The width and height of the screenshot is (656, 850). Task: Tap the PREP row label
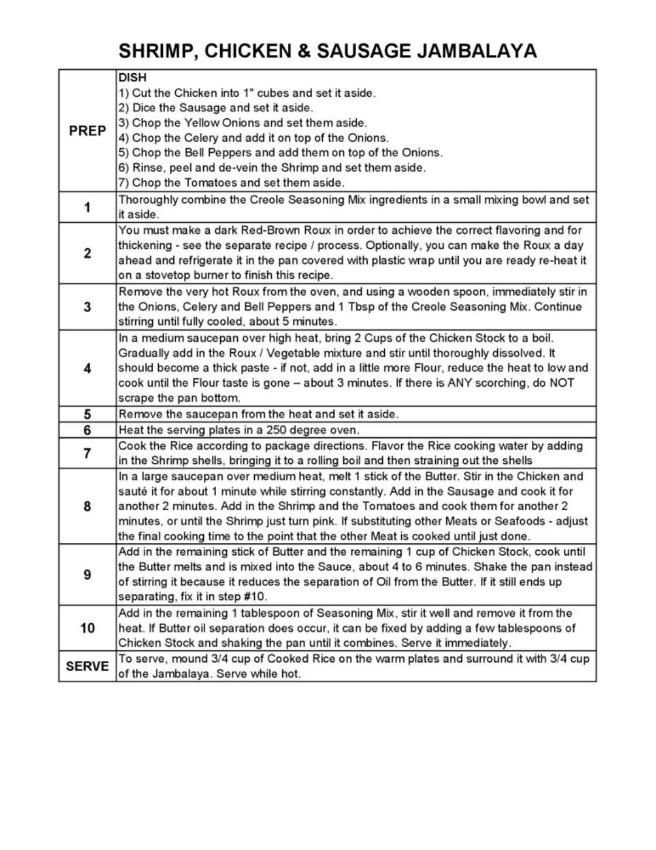point(87,131)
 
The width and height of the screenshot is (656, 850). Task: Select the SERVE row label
point(87,667)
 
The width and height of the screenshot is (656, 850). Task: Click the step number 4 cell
point(87,368)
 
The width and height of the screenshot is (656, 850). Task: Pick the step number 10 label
point(87,628)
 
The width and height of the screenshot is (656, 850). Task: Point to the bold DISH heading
point(132,77)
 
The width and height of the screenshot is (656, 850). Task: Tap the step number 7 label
point(87,453)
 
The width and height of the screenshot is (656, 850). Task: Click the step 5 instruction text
point(258,414)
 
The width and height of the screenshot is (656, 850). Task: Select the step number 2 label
point(87,253)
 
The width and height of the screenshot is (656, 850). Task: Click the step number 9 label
point(87,575)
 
